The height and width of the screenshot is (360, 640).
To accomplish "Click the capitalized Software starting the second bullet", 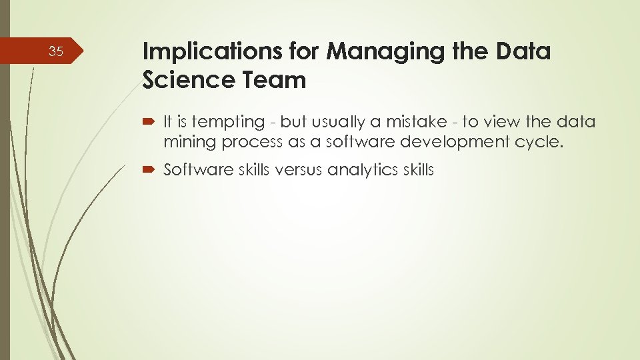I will pyautogui.click(x=193, y=170).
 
